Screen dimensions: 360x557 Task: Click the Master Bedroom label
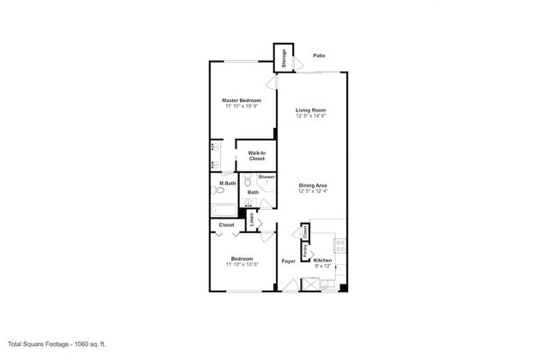click(x=243, y=101)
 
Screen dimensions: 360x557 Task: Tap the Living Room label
click(x=312, y=111)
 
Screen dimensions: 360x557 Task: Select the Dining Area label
click(x=312, y=185)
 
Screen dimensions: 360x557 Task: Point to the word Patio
click(x=319, y=56)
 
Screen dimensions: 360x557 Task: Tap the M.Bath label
click(x=228, y=184)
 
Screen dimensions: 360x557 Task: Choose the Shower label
click(x=267, y=177)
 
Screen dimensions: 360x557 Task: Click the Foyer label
click(x=289, y=261)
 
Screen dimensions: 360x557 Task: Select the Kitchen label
click(x=322, y=261)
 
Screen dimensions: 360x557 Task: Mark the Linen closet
click(x=252, y=220)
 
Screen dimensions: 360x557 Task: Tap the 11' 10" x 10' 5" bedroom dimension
click(x=243, y=265)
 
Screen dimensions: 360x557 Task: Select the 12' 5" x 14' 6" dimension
click(x=312, y=117)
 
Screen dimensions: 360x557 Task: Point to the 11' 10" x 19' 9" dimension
click(x=243, y=107)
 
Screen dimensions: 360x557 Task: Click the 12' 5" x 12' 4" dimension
click(x=312, y=191)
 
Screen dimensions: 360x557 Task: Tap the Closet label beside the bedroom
click(x=226, y=225)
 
